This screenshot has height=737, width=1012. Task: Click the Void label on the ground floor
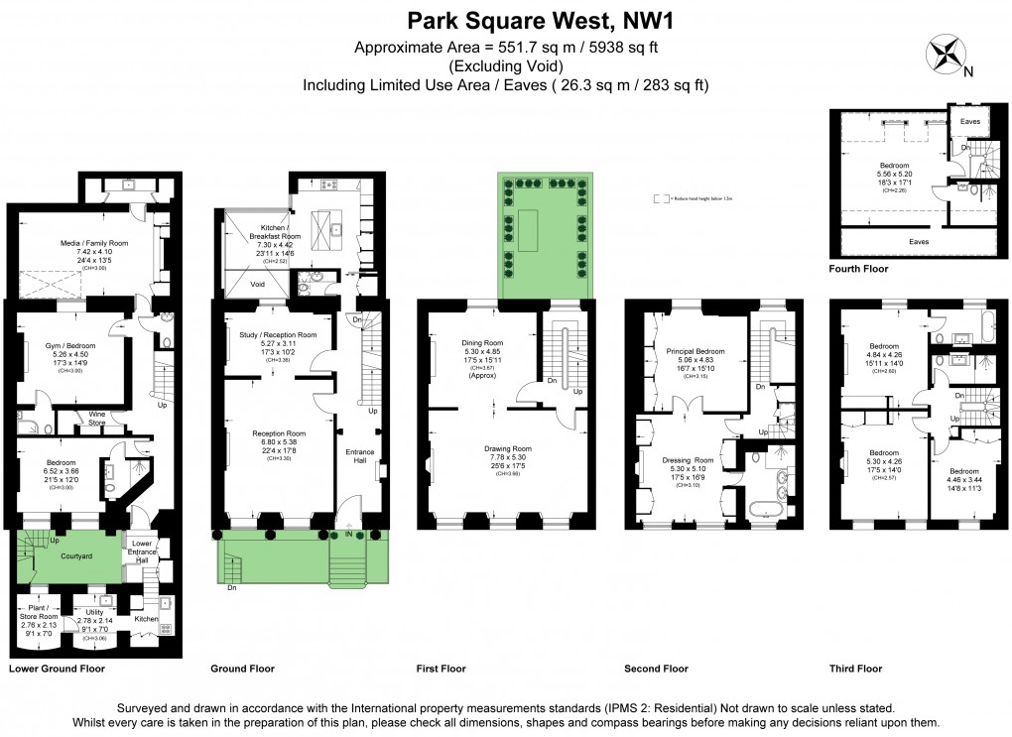point(258,282)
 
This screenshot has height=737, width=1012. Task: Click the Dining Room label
point(483,342)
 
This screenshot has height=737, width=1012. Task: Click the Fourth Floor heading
point(858,268)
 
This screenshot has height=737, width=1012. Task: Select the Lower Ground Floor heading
point(56,669)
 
